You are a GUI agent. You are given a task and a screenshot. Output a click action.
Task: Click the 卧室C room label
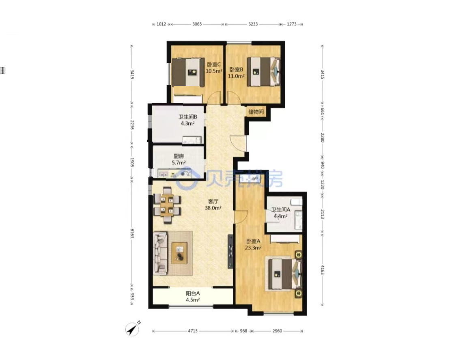point(213,64)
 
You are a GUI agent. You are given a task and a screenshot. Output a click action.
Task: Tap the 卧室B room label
point(236,69)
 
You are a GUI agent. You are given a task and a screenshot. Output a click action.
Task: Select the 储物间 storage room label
point(256,112)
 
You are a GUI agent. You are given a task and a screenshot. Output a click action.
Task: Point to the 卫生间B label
point(187,117)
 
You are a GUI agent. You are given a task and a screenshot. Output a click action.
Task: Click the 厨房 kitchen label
point(179,156)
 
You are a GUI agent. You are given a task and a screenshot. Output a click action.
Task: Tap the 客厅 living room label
point(213,201)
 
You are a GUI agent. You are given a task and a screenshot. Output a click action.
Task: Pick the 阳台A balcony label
point(193,293)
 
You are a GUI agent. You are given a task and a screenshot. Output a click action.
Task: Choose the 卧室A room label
point(253,241)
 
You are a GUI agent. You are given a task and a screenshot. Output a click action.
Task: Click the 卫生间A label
point(280,210)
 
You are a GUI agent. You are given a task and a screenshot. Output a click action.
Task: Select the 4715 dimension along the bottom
point(193,331)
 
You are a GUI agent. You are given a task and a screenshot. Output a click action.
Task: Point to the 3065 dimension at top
point(197,24)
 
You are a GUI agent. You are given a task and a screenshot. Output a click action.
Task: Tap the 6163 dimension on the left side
point(132,233)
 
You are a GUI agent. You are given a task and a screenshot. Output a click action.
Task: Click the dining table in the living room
point(167,205)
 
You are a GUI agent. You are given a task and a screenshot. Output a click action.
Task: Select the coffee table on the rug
point(179,253)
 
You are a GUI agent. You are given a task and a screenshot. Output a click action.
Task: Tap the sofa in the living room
point(160,253)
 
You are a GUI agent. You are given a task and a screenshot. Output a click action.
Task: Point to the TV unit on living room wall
point(230,251)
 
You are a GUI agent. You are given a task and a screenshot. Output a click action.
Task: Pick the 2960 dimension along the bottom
point(277,331)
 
